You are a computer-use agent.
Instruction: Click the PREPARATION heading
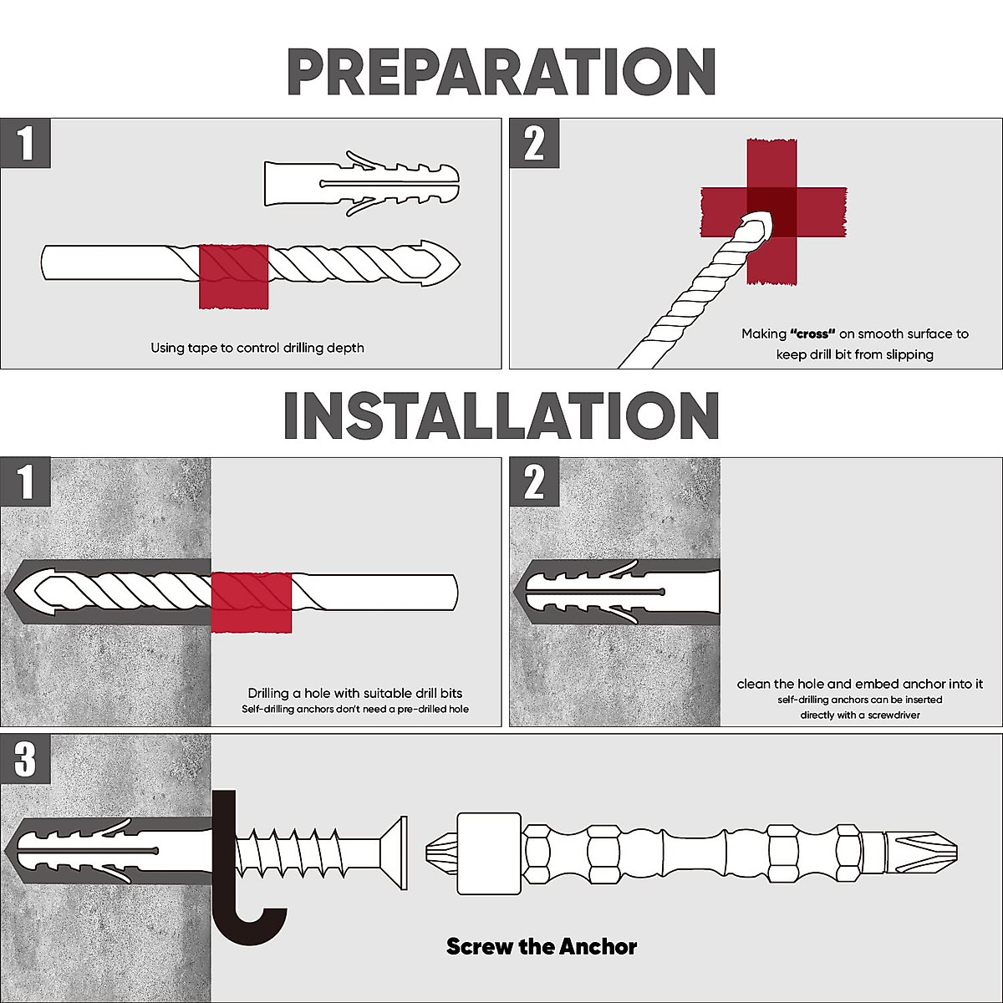(501, 73)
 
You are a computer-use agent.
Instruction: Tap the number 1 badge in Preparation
(26, 143)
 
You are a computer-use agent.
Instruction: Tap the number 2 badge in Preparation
(534, 143)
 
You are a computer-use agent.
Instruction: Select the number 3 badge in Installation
(26, 760)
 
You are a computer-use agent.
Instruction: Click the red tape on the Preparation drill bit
(233, 276)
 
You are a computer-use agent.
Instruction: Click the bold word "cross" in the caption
(812, 333)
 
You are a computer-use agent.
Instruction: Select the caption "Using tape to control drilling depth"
(257, 347)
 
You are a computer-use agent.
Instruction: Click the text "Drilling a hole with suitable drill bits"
(354, 693)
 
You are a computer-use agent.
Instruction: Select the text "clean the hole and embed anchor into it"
(860, 684)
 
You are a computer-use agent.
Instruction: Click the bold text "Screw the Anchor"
(542, 947)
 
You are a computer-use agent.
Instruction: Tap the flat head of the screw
(396, 852)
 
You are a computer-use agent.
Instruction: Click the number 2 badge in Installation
(534, 482)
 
